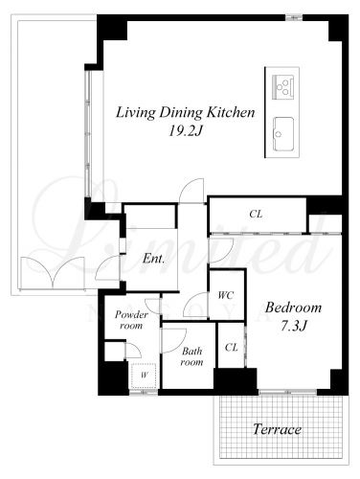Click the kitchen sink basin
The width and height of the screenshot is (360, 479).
(282, 133)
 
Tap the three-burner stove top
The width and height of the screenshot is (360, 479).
(282, 87)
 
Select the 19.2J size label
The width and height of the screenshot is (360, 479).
(186, 130)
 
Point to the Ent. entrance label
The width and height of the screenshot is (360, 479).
(154, 258)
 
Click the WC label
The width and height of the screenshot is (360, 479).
(226, 295)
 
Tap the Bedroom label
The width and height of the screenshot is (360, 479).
(293, 308)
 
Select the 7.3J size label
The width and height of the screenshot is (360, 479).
(294, 326)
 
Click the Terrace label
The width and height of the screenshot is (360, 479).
(277, 429)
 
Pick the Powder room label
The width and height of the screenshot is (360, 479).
(131, 320)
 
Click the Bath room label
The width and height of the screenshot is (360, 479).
(191, 356)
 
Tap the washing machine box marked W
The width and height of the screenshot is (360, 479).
(144, 376)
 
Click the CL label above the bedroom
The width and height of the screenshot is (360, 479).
(256, 214)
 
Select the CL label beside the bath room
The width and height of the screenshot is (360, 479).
(231, 347)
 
